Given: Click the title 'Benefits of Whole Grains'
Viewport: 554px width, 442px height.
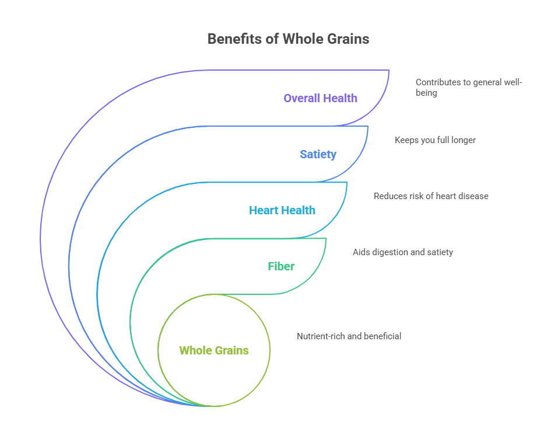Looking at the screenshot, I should click(288, 39).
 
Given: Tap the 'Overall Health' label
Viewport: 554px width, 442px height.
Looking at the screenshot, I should click(320, 98).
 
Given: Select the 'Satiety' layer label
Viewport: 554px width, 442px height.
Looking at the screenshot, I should click(318, 154).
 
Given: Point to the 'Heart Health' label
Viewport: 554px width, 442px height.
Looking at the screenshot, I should click(282, 210).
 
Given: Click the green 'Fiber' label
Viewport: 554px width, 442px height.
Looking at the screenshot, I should click(281, 266).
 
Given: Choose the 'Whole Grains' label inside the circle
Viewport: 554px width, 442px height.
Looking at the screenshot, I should click(214, 350).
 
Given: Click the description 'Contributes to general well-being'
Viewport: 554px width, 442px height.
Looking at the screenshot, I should click(468, 88).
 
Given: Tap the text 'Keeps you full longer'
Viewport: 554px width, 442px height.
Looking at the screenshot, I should click(435, 140).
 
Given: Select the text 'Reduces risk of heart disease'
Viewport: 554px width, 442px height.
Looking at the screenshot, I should click(431, 196).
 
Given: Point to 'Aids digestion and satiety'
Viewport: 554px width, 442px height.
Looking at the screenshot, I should click(403, 252).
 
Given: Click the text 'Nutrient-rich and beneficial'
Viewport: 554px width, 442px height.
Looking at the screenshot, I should click(349, 336).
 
